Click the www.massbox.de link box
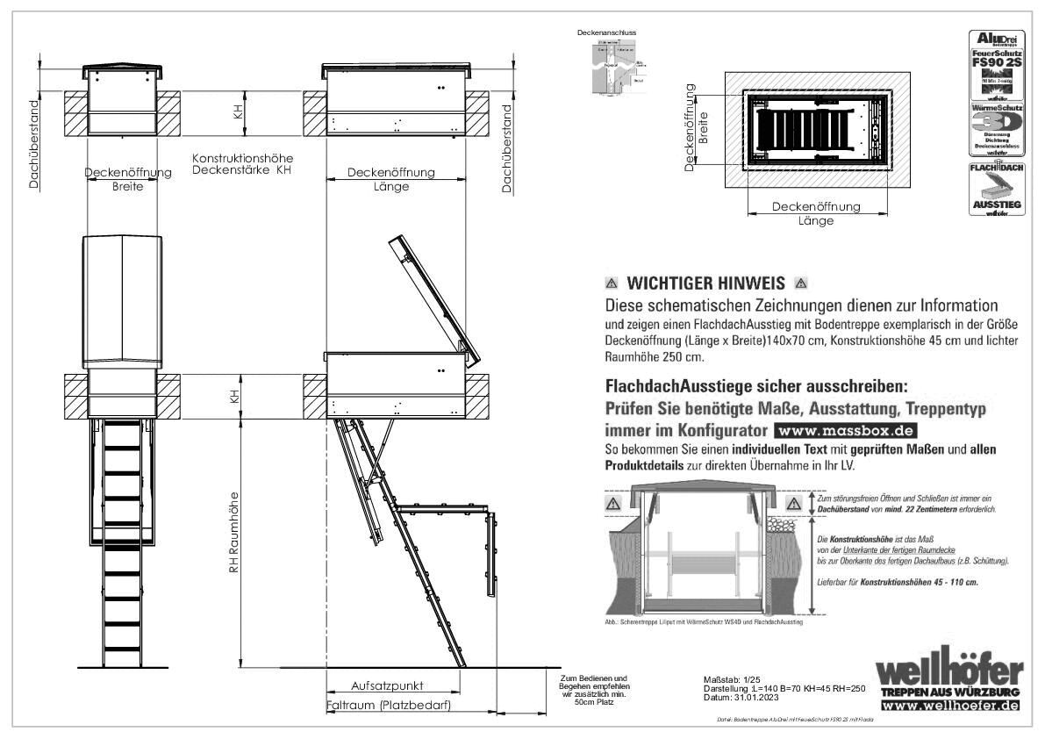(845, 431)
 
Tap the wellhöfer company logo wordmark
(950, 671)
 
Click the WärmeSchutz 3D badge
(995, 130)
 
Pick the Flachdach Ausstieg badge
(995, 188)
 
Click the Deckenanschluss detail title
(606, 32)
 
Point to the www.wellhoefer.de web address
(950, 706)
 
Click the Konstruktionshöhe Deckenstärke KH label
(241, 163)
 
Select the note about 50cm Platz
(594, 691)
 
